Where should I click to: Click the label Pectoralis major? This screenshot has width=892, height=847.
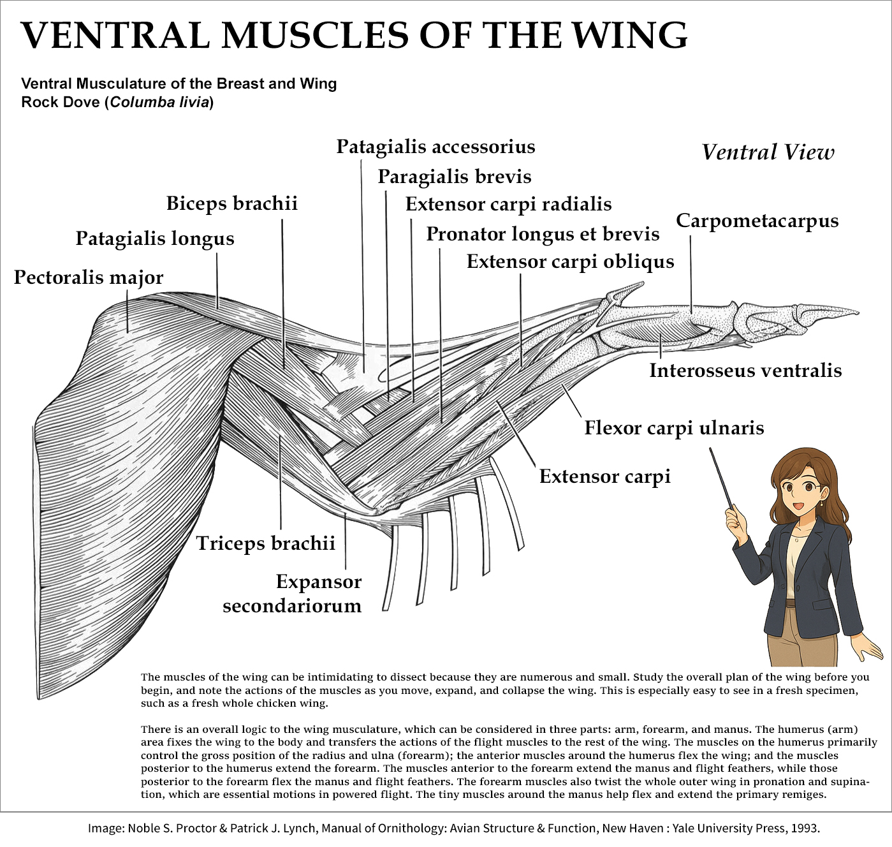point(89,277)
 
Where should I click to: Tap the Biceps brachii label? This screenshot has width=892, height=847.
point(231,203)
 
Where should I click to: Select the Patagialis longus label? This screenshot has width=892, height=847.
point(155,239)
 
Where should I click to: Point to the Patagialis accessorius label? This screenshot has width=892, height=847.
point(435,147)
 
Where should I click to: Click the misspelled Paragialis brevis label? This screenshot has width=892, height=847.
point(454,176)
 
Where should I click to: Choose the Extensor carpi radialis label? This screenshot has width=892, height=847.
point(508,204)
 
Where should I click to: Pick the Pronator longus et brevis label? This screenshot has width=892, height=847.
point(543,234)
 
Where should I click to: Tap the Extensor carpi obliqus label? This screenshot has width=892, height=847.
point(570,261)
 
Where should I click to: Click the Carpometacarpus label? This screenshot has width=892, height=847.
point(757,221)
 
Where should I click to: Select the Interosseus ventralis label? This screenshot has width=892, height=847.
point(745,371)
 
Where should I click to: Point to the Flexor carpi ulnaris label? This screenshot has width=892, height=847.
point(674,427)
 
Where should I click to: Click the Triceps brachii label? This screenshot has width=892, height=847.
point(265,543)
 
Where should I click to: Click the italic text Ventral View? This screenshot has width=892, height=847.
point(768,152)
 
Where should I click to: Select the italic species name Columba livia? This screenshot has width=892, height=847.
point(159,102)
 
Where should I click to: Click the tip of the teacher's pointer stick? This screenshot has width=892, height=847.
point(712,450)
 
